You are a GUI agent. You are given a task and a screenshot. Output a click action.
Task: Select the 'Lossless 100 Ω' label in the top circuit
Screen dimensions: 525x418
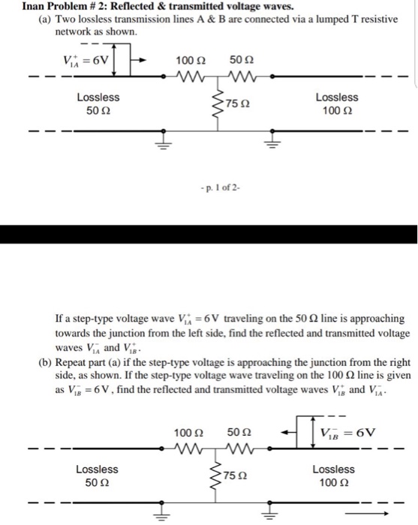click(x=337, y=104)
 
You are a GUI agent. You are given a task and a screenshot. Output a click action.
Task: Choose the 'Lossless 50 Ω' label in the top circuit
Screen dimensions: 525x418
click(x=98, y=104)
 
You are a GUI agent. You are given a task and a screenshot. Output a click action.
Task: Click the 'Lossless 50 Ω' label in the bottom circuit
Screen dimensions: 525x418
click(x=98, y=476)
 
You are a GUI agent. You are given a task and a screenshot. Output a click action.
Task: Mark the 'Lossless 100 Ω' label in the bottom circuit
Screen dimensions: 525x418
click(x=337, y=476)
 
